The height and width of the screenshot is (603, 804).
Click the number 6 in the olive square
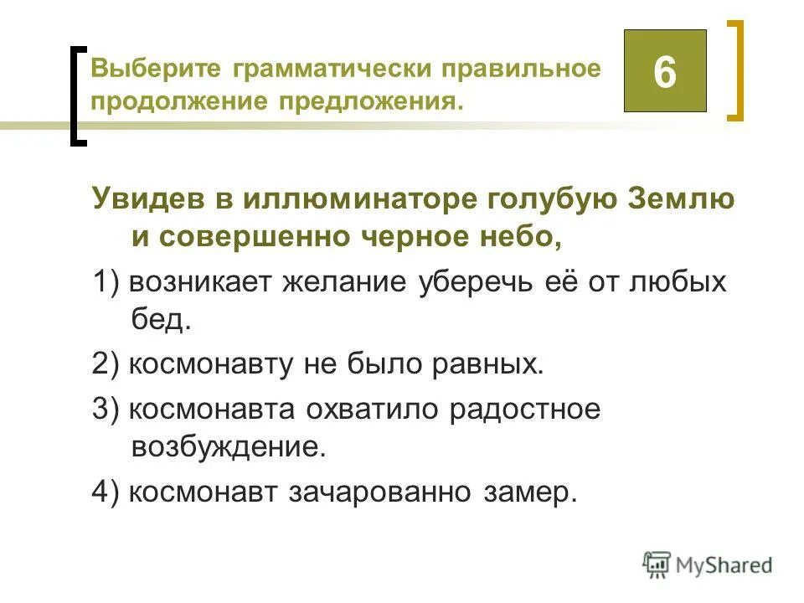664,72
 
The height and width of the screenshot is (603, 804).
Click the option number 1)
107,282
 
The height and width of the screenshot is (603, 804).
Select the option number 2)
107,363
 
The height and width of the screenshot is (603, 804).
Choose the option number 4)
107,492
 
